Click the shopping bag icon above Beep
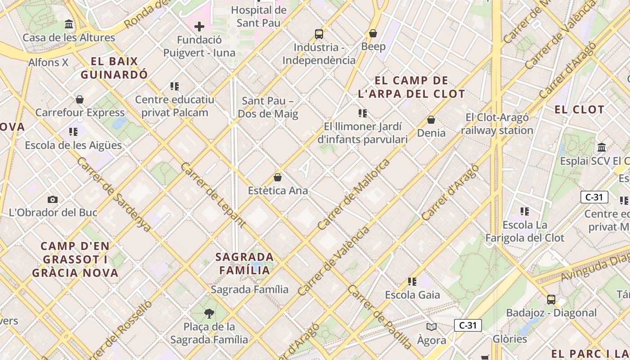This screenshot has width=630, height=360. coord(373,33)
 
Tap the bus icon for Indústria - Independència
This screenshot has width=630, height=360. coord(319,34)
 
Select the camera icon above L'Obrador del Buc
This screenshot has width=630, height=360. coord(53,199)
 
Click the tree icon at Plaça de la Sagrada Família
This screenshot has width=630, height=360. coord(209,313)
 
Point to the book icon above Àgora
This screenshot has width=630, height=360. coord(431,327)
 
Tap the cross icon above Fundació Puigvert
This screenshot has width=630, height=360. coord(199,27)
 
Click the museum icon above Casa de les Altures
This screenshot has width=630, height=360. coord(69,24)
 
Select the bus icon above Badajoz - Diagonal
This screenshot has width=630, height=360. coord(551,299)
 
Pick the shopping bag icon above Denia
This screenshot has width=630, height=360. coord(431,120)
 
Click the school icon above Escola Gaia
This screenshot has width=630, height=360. coord(412,282)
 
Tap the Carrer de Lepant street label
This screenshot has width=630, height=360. coord(213,194)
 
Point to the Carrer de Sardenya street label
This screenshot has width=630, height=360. coord(113,194)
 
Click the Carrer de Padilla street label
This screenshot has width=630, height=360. coord(380,317)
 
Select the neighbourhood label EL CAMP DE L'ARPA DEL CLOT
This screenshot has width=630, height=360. coord(411,87)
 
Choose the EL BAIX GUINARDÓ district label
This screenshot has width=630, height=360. coord(114,68)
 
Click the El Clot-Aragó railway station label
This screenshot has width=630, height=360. coord(497,124)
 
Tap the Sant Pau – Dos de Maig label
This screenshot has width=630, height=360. coord(268,107)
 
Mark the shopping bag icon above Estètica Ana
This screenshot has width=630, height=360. coord(278,177)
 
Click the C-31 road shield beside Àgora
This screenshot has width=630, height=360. coord(468,325)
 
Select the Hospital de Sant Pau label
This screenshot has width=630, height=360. coord(258,16)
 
